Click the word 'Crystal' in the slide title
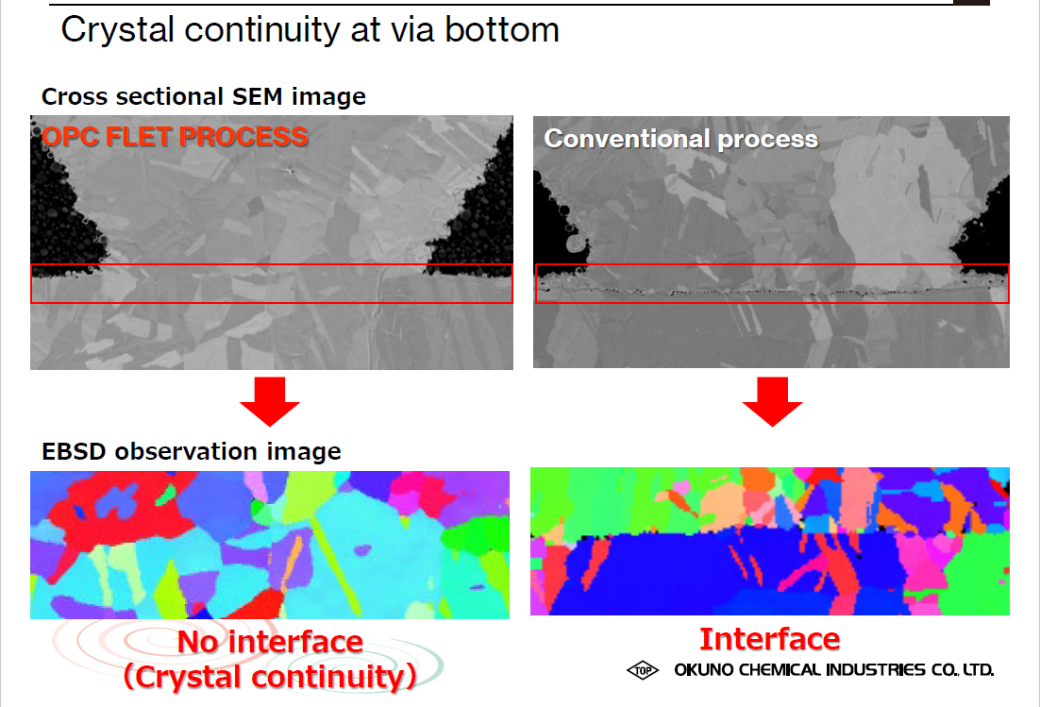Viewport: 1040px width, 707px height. (118, 31)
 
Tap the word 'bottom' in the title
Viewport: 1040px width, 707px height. (502, 30)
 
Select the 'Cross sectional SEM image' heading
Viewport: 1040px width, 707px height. (204, 97)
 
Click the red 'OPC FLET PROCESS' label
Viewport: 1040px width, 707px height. (175, 137)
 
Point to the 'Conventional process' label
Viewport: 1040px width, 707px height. (681, 140)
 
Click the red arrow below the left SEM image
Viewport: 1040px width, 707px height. (270, 401)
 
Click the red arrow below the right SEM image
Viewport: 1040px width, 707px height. (773, 401)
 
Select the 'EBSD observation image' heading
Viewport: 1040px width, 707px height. (191, 451)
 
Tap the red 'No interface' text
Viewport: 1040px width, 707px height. (270, 642)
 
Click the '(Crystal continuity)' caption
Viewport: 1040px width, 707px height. (270, 677)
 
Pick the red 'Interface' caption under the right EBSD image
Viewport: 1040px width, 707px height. (770, 639)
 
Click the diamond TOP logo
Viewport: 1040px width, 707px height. (643, 670)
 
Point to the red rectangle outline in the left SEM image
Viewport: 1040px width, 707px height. (272, 264)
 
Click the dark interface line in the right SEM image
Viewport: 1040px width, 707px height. (773, 291)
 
